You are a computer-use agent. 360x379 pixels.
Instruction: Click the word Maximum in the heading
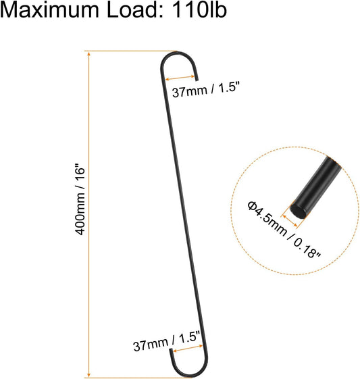(x=49, y=10)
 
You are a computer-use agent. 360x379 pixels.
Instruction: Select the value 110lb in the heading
(x=199, y=10)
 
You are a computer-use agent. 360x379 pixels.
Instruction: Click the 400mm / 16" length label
(x=80, y=200)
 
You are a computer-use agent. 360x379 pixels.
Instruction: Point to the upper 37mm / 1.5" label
(x=206, y=89)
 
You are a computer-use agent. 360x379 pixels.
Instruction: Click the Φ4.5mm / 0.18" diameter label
(x=284, y=230)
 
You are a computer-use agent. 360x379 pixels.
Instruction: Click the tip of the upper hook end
(x=197, y=80)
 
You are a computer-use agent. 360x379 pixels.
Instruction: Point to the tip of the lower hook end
(x=171, y=349)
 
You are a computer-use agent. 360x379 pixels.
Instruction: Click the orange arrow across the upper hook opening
(x=180, y=78)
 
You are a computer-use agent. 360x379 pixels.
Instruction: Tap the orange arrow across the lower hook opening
(x=188, y=349)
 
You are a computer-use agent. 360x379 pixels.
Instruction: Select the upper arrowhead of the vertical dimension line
(x=89, y=55)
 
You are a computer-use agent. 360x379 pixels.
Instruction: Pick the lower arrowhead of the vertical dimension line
(x=89, y=374)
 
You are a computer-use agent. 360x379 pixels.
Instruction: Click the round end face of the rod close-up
(x=297, y=211)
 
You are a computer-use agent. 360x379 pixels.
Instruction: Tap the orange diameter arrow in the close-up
(x=290, y=221)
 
